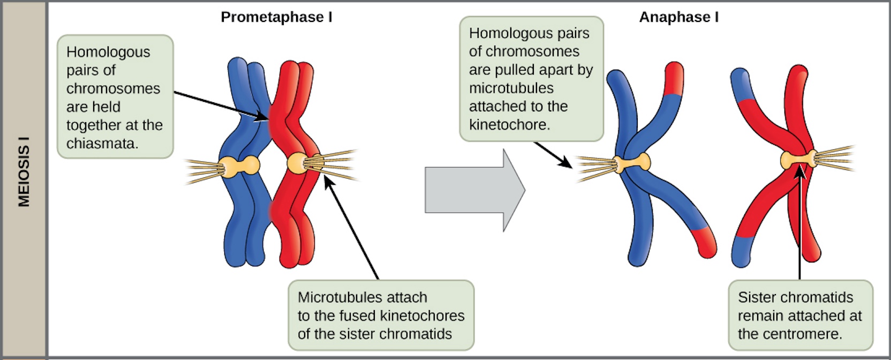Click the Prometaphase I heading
click(276, 17)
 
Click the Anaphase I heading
click(678, 17)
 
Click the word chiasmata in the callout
click(102, 144)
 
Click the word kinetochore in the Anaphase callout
click(509, 125)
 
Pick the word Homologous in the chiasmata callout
click(108, 52)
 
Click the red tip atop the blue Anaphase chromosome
click(674, 78)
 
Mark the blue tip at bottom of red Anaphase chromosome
click(741, 251)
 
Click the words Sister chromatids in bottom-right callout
click(795, 297)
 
